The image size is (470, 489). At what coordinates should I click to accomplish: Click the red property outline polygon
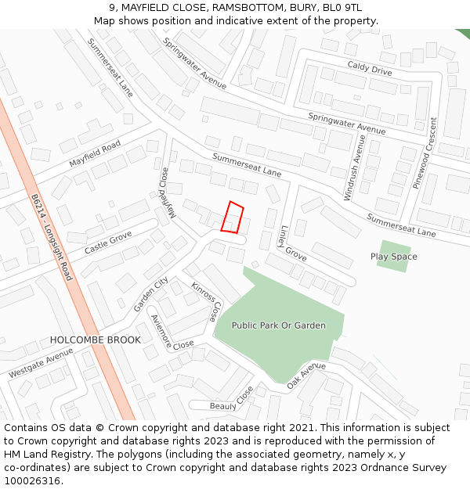232,218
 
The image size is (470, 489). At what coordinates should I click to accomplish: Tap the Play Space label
393,257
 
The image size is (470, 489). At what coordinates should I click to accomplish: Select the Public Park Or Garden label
278,325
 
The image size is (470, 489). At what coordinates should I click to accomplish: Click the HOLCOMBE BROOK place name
96,340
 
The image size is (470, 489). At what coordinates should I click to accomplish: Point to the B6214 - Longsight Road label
53,237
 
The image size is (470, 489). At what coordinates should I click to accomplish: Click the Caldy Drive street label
369,70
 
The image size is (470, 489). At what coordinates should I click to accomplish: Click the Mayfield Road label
95,153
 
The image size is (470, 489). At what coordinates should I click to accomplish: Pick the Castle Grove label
108,242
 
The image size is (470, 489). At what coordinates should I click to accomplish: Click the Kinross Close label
206,302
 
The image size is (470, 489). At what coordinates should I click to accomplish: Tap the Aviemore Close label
172,336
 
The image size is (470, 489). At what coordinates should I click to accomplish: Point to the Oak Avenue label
306,376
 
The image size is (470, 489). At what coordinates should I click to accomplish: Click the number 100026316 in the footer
32,480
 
